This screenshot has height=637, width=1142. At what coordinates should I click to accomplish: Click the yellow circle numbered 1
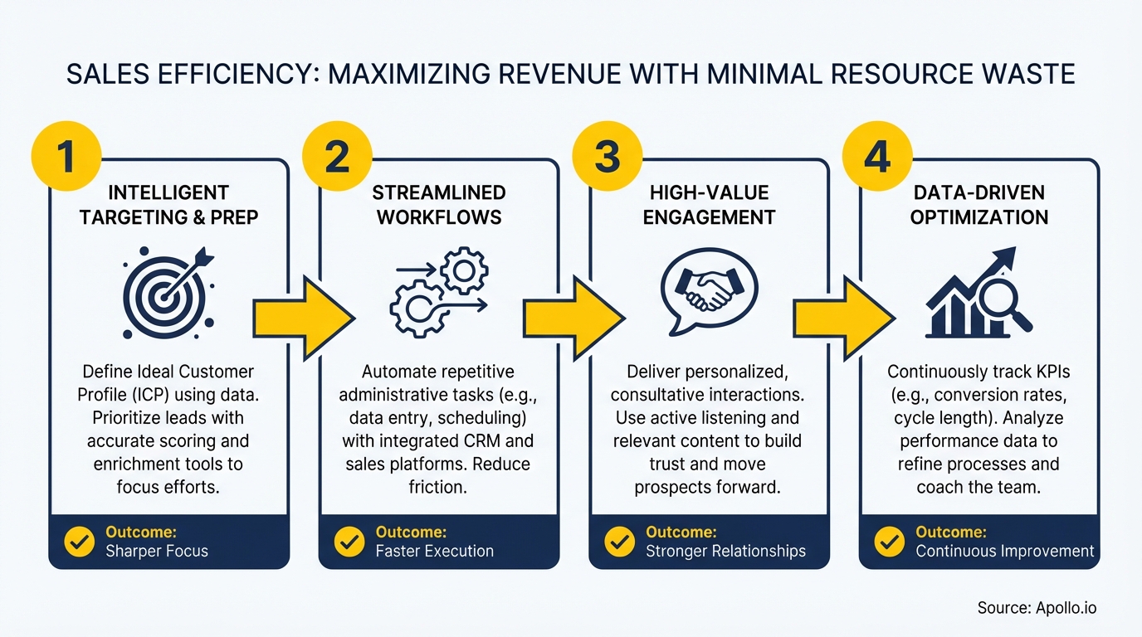(66, 156)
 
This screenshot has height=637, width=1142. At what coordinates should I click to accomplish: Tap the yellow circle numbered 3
(608, 156)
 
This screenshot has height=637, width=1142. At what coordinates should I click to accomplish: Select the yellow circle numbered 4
(877, 156)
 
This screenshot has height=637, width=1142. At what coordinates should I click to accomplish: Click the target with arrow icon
(168, 287)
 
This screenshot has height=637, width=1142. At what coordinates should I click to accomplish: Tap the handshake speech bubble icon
(709, 286)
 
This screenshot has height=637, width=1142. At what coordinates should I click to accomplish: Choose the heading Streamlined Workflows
(438, 205)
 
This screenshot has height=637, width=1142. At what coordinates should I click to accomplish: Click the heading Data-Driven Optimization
(979, 205)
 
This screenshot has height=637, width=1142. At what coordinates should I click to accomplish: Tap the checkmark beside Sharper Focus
(80, 542)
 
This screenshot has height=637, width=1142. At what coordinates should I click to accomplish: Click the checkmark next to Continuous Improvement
(890, 542)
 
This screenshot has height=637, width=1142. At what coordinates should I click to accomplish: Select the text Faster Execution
(434, 551)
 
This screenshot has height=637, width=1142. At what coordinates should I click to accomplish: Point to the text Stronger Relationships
(725, 551)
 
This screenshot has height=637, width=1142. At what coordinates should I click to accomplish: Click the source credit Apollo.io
(1037, 608)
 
